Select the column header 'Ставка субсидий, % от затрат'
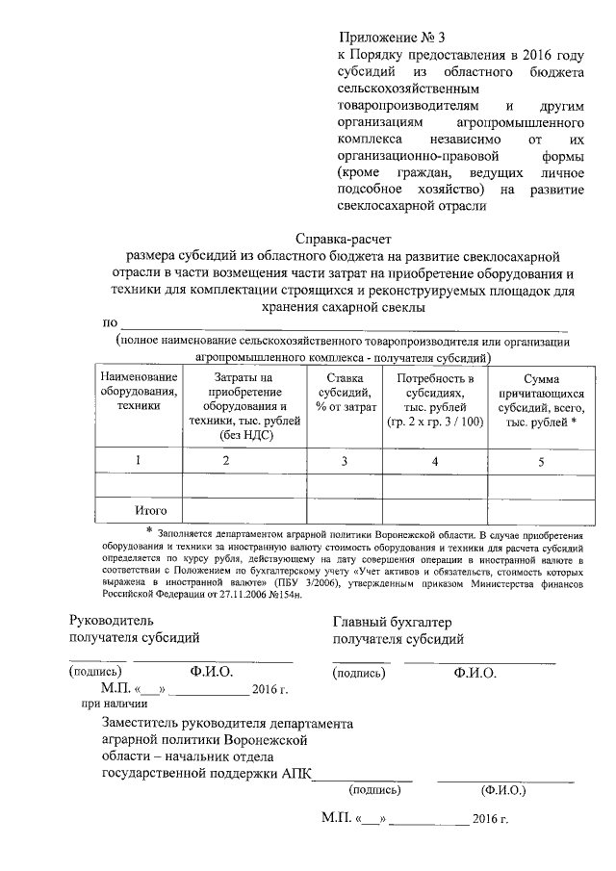coord(345,393)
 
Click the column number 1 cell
coord(139,461)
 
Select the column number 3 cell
coord(345,461)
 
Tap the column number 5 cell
coord(541,461)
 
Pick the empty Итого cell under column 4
coord(435,509)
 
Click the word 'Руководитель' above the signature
coord(111,622)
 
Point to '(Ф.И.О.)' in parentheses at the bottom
coord(502,790)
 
